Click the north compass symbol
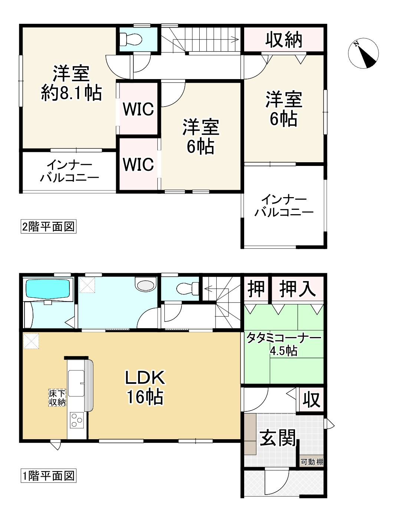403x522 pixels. click(x=363, y=53)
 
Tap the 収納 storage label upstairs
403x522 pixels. click(x=284, y=39)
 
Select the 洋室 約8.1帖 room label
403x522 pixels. click(x=71, y=83)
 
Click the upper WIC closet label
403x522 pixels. click(x=138, y=109)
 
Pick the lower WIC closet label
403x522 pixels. click(x=138, y=164)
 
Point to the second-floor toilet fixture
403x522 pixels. click(x=132, y=39)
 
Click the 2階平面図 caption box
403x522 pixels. click(x=48, y=226)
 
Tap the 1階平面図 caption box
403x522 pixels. click(x=48, y=476)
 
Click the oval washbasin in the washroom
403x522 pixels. click(x=145, y=285)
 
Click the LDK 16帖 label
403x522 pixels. click(x=145, y=387)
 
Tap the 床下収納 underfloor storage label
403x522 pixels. click(x=58, y=398)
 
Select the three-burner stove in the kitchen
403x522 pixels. click(x=76, y=420)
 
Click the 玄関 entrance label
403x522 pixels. click(x=278, y=438)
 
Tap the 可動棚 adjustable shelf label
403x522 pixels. click(x=312, y=462)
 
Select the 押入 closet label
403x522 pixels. click(x=298, y=288)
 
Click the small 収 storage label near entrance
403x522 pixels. click(x=311, y=399)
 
